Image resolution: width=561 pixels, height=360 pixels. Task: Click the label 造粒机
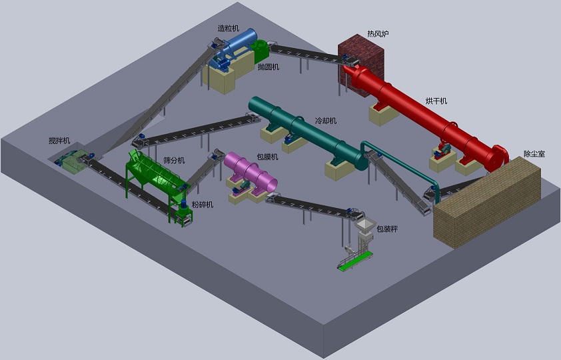[229, 28]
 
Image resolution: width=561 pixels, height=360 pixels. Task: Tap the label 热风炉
[378, 33]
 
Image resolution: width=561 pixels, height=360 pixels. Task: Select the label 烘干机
[436, 101]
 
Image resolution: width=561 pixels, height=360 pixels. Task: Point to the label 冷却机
[326, 121]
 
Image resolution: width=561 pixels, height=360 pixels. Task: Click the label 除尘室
[534, 154]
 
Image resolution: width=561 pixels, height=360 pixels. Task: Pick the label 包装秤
[386, 229]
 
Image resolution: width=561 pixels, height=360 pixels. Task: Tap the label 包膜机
[267, 157]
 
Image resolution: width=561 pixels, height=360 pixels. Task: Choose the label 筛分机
[174, 160]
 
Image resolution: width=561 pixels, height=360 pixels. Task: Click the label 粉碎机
[203, 205]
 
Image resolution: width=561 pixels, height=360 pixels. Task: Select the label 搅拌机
[59, 141]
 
